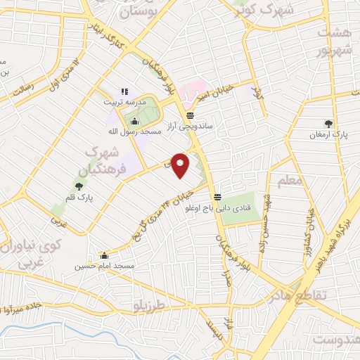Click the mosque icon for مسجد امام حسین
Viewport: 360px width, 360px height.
pyautogui.click(x=105, y=256)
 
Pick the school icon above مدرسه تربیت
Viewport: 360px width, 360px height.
pyautogui.click(x=125, y=91)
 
